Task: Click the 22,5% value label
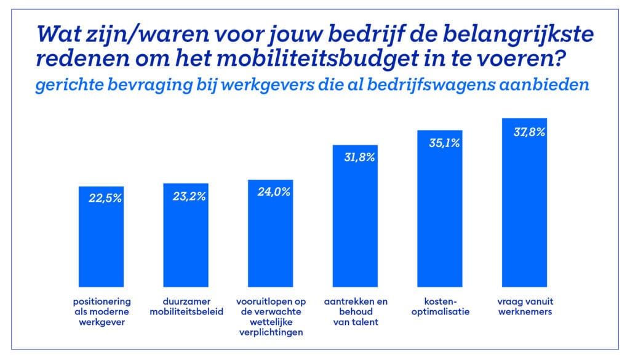click(x=102, y=199)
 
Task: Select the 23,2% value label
click(x=186, y=197)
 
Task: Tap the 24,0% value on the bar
click(x=271, y=191)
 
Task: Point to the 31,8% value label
click(x=356, y=157)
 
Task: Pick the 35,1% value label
click(x=440, y=143)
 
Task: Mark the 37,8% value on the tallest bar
click(x=525, y=131)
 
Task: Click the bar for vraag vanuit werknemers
click(x=525, y=209)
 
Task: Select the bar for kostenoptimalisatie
click(x=440, y=215)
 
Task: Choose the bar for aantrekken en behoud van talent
click(x=356, y=222)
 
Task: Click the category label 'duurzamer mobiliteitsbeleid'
click(x=186, y=307)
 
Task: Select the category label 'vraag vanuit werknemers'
click(x=525, y=307)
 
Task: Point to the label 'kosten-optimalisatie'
click(x=440, y=307)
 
